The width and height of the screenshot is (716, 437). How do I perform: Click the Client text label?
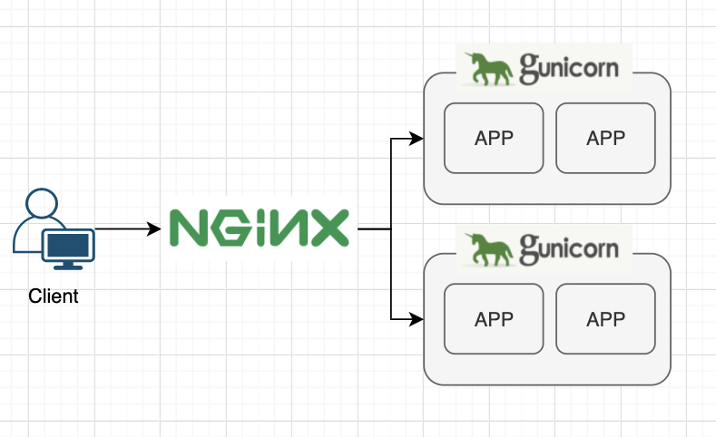[54, 296]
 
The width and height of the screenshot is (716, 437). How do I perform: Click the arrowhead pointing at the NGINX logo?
[155, 229]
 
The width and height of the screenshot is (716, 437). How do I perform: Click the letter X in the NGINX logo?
[328, 228]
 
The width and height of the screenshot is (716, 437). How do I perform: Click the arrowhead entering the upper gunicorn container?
[417, 139]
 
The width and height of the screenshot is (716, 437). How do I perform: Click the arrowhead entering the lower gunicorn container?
[417, 319]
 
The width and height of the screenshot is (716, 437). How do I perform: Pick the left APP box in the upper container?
[494, 138]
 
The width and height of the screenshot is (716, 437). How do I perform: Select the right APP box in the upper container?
[605, 138]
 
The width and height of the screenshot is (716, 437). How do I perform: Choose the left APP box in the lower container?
[494, 319]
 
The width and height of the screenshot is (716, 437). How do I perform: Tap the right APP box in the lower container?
[605, 319]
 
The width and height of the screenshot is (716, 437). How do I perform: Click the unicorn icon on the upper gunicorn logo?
[487, 69]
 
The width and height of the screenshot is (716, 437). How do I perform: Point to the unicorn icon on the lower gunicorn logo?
[487, 249]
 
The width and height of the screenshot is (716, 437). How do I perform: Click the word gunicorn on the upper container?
[569, 67]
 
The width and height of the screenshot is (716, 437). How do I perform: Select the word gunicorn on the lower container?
[569, 248]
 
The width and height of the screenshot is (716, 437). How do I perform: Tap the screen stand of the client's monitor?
[68, 265]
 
